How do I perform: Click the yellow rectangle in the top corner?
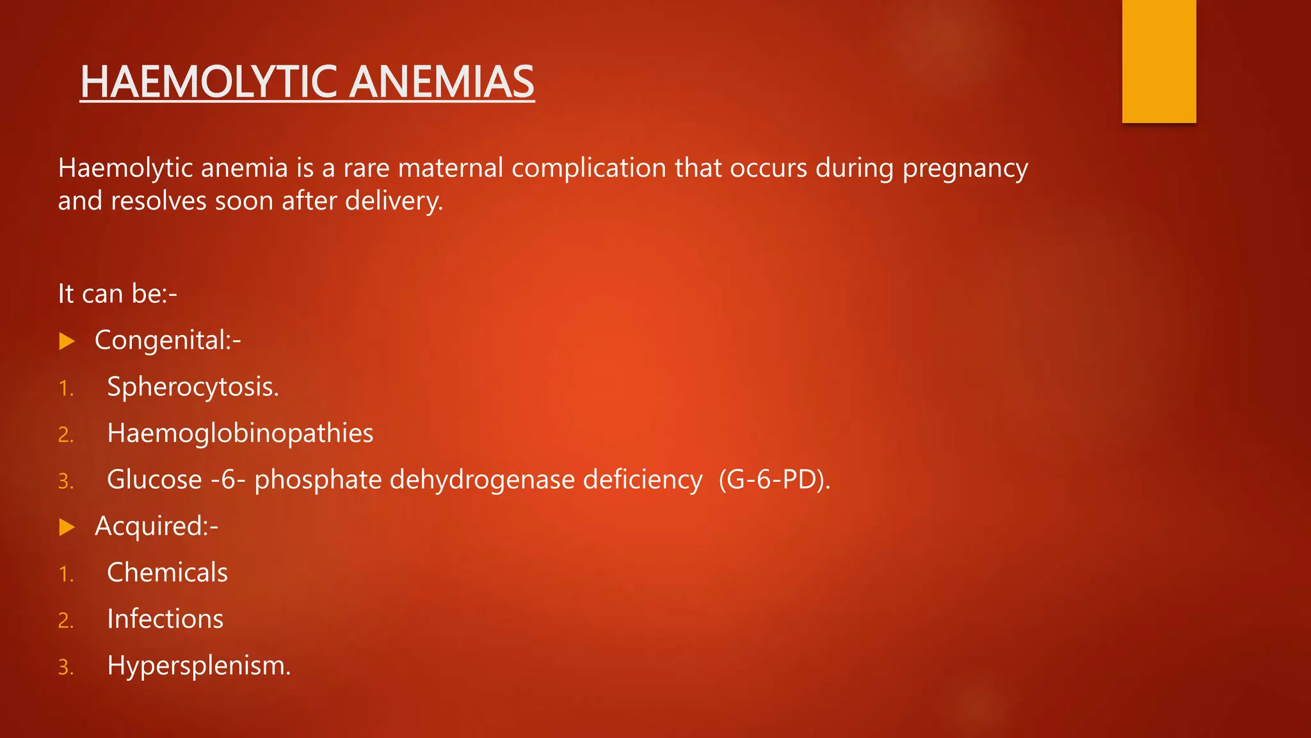pyautogui.click(x=1159, y=61)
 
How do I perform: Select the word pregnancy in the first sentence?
pyautogui.click(x=965, y=168)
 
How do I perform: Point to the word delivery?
pyautogui.click(x=394, y=201)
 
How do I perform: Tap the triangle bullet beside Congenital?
pyautogui.click(x=67, y=341)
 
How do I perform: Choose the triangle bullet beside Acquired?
pyautogui.click(x=67, y=527)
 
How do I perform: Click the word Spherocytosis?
pyautogui.click(x=193, y=387)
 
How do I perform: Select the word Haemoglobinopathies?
pyautogui.click(x=240, y=433)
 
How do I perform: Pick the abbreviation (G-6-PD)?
pyautogui.click(x=774, y=480)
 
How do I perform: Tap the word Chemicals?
pyautogui.click(x=167, y=572)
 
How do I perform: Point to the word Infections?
pyautogui.click(x=165, y=619)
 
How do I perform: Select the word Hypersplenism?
pyautogui.click(x=198, y=666)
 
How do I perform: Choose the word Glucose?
pyautogui.click(x=154, y=480)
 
